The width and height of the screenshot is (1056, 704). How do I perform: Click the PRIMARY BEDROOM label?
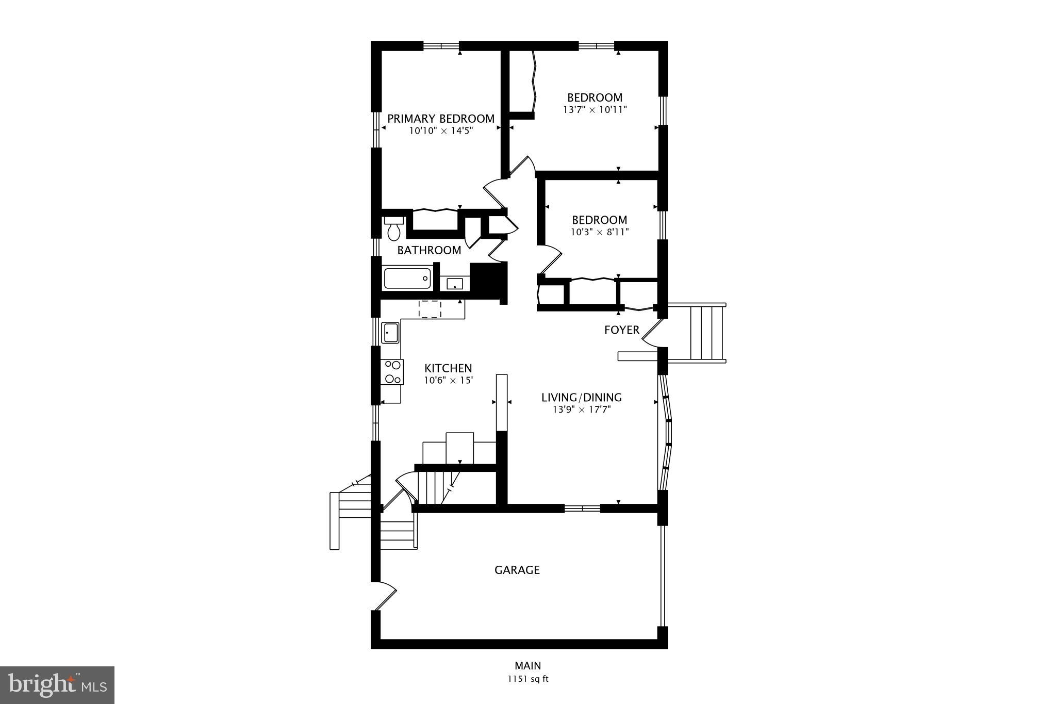[x=441, y=119]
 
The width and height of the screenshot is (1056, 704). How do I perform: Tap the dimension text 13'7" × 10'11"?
[x=595, y=109]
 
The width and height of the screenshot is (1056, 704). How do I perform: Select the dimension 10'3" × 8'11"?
[x=599, y=232]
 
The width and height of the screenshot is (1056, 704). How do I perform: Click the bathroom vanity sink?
[x=455, y=284]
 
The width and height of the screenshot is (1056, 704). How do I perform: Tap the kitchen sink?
[x=390, y=333]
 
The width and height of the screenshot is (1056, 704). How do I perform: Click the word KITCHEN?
[x=448, y=368]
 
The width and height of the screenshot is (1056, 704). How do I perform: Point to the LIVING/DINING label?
[x=581, y=398]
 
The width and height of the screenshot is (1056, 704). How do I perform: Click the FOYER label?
[x=621, y=330]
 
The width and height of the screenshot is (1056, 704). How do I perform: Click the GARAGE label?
[x=517, y=570]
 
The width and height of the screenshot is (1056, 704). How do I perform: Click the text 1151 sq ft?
[x=527, y=679]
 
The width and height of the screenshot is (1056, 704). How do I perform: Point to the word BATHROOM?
[x=429, y=251]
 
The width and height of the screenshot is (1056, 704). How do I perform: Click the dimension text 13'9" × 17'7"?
[x=581, y=410]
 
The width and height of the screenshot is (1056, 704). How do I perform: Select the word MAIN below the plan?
[x=527, y=666]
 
